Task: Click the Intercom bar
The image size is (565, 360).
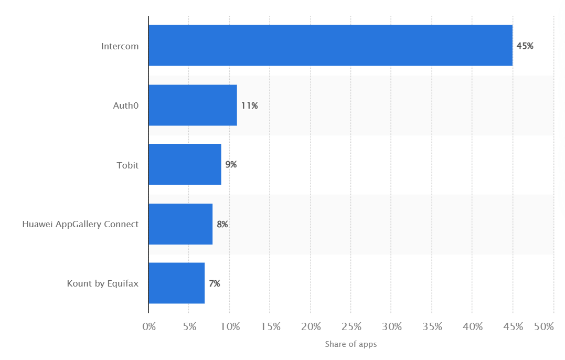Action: (330, 46)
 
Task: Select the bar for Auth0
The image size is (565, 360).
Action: (193, 105)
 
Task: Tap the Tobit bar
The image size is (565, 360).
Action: (185, 165)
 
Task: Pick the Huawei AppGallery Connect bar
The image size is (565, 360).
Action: (180, 224)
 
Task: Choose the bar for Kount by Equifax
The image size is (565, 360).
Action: (176, 283)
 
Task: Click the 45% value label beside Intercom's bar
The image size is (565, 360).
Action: (525, 46)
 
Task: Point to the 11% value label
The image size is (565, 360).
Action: (249, 105)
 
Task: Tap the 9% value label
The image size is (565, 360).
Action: (231, 165)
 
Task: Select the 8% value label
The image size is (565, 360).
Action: (222, 225)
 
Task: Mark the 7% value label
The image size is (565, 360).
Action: (214, 284)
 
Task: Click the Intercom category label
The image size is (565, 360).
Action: (120, 46)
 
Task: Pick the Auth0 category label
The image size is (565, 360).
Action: (126, 105)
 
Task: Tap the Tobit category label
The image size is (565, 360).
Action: (127, 165)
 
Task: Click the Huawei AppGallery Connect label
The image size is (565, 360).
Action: (80, 224)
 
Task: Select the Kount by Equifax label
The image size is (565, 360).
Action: (103, 284)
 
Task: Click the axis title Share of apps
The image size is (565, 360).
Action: (350, 344)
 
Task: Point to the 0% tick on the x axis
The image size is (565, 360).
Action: (149, 326)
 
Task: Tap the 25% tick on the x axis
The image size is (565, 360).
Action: (351, 326)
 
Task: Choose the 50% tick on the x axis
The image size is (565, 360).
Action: (543, 326)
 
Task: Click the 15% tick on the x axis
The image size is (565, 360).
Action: (270, 326)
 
